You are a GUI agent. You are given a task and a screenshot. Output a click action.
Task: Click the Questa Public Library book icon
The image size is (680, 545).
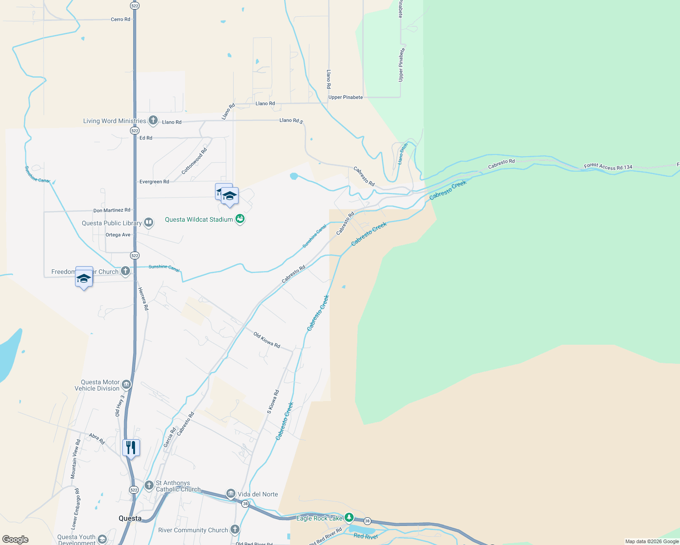click(x=149, y=223)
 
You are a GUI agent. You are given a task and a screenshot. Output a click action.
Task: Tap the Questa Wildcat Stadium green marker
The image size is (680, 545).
click(x=240, y=219)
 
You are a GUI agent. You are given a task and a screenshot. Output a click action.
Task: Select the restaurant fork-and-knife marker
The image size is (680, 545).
click(x=131, y=448)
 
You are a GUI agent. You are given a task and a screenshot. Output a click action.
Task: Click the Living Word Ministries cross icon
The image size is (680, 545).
click(x=153, y=120)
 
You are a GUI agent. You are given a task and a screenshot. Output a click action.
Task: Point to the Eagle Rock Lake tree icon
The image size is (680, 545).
click(x=349, y=518)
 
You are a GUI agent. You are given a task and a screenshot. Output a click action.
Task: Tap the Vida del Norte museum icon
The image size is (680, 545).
click(x=231, y=494)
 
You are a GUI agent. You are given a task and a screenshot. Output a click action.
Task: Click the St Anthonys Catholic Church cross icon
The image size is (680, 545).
click(x=149, y=486)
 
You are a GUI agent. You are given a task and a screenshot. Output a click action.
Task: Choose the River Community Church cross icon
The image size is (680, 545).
click(x=235, y=529)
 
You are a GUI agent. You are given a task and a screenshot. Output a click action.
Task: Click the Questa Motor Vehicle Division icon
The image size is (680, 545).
click(x=126, y=385)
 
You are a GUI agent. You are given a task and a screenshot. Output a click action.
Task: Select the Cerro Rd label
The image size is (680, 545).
click(x=120, y=20)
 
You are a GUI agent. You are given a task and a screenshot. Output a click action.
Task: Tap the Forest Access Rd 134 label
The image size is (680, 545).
click(x=608, y=167)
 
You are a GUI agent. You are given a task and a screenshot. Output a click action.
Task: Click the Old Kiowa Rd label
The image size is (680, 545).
click(x=267, y=340)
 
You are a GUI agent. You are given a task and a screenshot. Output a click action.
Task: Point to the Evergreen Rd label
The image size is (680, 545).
click(x=154, y=182)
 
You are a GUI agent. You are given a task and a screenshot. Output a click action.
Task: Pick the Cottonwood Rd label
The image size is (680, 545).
click(x=194, y=161)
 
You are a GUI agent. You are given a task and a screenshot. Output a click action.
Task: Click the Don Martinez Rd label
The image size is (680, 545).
click(x=112, y=210)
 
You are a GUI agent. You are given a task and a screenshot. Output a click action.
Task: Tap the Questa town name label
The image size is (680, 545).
click(x=130, y=518)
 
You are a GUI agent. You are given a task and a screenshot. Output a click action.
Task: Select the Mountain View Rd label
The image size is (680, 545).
click(x=75, y=459)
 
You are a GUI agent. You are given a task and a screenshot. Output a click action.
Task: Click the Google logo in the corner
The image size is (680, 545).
click(x=15, y=540)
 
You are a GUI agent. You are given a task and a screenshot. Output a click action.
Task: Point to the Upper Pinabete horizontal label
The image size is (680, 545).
click(x=345, y=97)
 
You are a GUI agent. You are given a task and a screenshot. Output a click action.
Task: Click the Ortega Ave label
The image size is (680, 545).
click(x=118, y=235)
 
